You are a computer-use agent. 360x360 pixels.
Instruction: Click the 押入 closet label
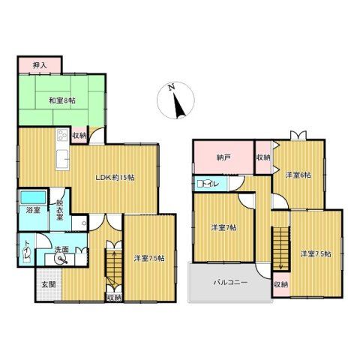40,66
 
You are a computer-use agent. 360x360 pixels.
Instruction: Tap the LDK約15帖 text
114,178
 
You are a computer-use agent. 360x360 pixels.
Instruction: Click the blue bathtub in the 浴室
31,198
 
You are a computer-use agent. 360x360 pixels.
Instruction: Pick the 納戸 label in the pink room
223,158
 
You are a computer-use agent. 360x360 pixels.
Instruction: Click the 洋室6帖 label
298,175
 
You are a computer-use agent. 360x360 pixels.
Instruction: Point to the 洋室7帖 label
223,228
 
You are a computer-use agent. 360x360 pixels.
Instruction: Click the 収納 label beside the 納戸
262,157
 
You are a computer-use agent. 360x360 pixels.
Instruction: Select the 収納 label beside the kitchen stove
79,135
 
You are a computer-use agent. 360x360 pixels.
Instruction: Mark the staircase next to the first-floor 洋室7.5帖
114,263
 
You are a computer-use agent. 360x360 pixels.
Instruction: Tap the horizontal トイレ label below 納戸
207,183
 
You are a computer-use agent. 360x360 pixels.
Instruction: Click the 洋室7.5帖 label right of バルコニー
316,254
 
